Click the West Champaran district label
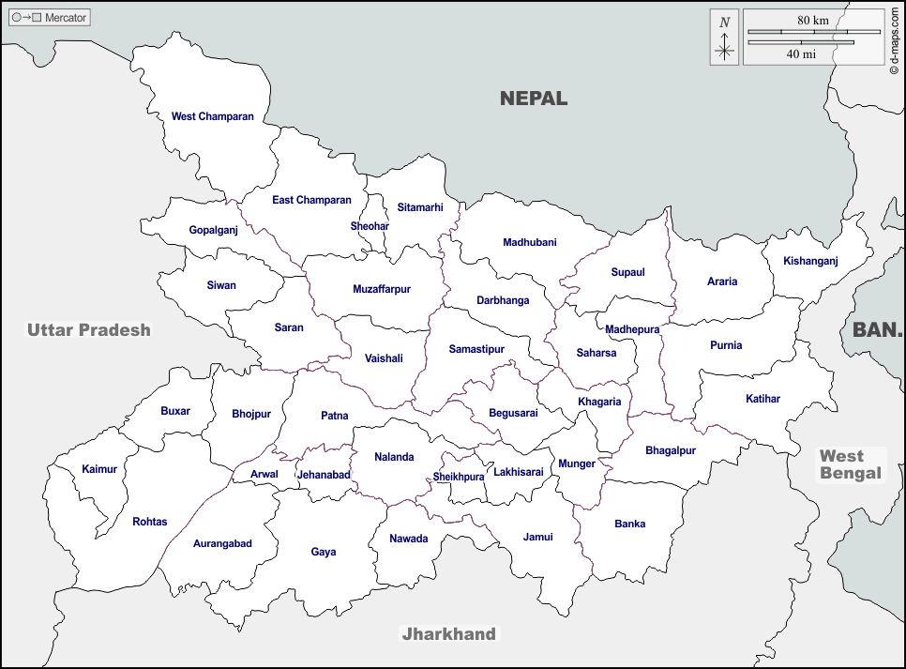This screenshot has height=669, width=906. click(212, 116)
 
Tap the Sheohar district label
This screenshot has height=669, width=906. click(370, 226)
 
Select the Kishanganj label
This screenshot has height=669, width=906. click(810, 261)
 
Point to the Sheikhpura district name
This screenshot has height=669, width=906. click(459, 477)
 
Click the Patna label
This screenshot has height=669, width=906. click(334, 415)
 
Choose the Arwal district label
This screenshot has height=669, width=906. click(264, 474)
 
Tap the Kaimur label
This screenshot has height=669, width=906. click(99, 468)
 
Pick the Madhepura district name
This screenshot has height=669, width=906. click(632, 329)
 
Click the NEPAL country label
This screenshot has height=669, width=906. click(534, 98)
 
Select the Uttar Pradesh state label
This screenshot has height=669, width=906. click(88, 329)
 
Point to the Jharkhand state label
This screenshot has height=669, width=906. click(448, 634)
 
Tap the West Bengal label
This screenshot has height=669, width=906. click(851, 464)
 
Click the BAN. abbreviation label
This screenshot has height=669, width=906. click(877, 329)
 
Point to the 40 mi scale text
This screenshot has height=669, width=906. click(801, 54)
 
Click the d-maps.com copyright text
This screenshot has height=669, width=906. click(895, 37)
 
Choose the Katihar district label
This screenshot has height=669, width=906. click(763, 399)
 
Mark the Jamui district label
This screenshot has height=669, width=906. click(537, 537)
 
